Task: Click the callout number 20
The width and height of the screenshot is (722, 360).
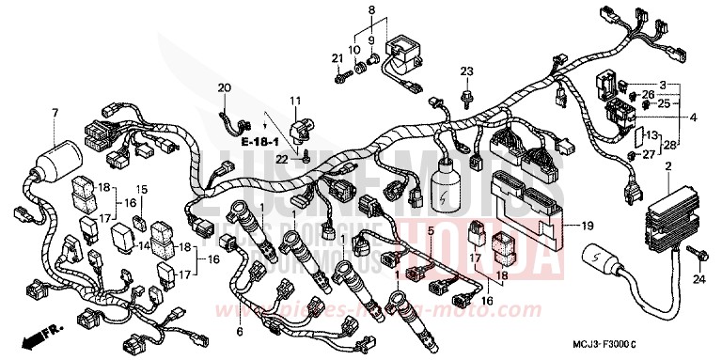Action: (x=224, y=88)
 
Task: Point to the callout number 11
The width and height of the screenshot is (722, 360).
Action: (x=294, y=99)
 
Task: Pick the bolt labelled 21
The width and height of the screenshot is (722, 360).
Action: (x=339, y=79)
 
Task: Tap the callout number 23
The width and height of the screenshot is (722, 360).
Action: (x=466, y=71)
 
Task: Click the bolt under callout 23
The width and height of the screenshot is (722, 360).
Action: (x=466, y=94)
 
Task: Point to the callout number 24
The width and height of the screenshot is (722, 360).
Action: (x=698, y=279)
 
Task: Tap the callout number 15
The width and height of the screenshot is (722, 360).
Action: (x=144, y=190)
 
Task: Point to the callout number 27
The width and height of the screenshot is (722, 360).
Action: (x=649, y=155)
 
